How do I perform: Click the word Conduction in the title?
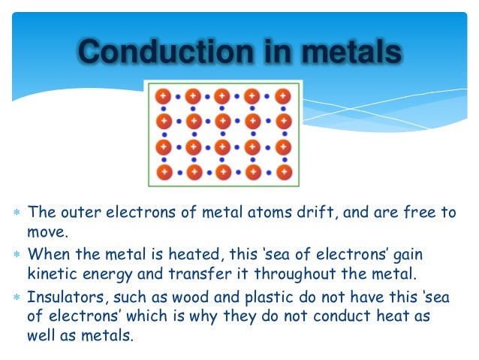pos(153,52)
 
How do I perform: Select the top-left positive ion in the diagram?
pos(164,96)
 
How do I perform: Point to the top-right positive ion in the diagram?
pos(282,96)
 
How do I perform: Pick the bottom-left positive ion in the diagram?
pos(164,172)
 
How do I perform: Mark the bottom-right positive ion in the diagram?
pos(282,172)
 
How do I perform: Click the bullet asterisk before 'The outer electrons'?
pos(17,213)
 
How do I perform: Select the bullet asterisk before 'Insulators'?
pos(17,296)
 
